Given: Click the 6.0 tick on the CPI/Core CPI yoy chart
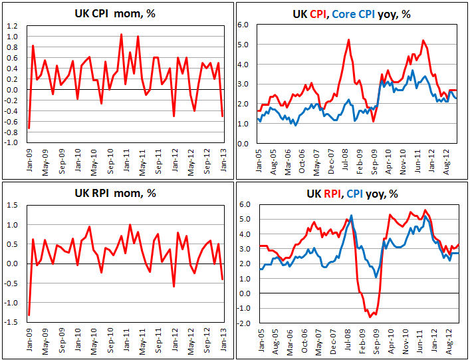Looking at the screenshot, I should pos(244,25).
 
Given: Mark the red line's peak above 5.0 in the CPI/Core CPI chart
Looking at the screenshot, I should pos(348,40).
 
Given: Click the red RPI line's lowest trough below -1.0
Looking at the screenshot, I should pos(370,316).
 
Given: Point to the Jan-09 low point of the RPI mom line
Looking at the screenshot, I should pos(29,315).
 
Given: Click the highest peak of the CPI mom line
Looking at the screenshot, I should pos(121,34).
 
